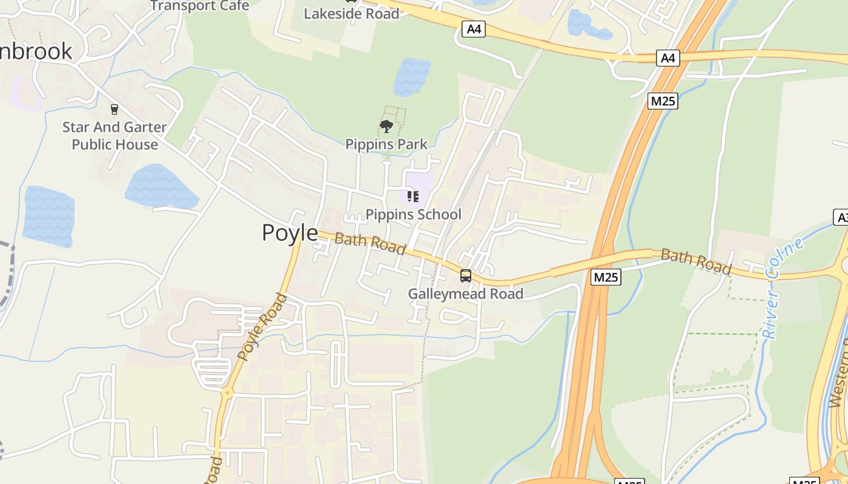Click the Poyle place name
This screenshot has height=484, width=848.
coord(290,233)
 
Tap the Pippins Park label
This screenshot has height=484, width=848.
coord(386,144)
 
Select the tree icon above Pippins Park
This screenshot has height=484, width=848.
coord(386,126)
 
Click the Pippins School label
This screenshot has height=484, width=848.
coord(414,214)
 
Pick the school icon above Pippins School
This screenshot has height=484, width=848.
coord(412,196)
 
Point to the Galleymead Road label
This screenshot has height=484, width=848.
coord(465,294)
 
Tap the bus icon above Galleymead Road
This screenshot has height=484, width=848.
coord(465,276)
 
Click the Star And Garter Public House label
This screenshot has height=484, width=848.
coord(114,136)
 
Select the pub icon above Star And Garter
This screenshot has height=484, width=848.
coord(114,110)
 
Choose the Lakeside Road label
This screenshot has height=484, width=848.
coord(351,13)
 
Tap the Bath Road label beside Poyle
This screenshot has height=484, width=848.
coord(369,243)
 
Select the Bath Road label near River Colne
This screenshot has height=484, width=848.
coord(696,261)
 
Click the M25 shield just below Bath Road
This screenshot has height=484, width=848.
coord(606,277)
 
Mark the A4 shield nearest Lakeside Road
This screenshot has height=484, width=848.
coord(474,28)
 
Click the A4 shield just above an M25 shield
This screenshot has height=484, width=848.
coord(667,58)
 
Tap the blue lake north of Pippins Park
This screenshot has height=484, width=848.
coord(411,77)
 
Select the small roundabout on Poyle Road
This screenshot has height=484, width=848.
coord(227,393)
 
